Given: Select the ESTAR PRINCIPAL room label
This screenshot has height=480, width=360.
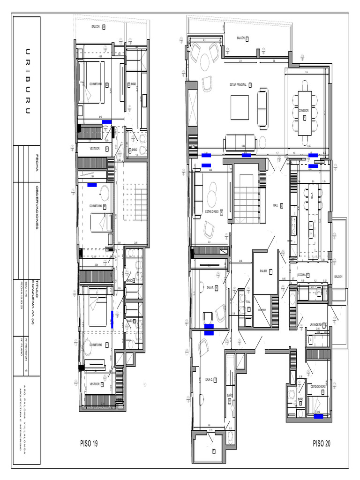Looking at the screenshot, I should point(239,85).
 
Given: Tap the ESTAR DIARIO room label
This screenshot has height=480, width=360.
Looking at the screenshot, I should point(211,211).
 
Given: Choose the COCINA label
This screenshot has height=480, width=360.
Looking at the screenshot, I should point(302,275).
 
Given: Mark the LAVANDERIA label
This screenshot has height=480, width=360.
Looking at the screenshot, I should point(318,324).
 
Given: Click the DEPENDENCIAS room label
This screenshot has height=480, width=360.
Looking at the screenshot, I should point(319,386).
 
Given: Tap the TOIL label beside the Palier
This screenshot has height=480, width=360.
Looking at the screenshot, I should point(248,302).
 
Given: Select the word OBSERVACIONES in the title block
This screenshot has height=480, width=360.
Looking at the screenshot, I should point(37,206).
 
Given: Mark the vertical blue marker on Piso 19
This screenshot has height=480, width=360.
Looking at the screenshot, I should point(112,318).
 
